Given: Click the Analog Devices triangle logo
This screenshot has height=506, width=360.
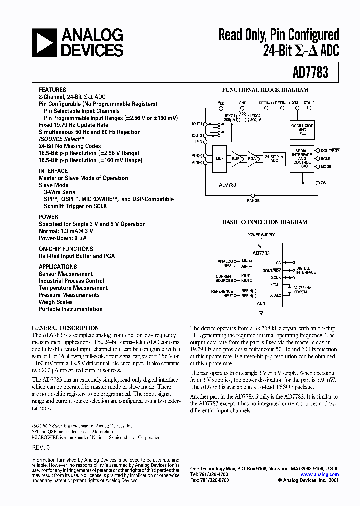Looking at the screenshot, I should click(x=45, y=42).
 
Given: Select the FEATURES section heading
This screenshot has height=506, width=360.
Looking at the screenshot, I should click(x=52, y=90).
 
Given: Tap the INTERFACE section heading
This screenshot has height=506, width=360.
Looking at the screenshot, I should click(x=53, y=171).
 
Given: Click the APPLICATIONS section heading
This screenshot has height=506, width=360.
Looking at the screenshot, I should click(x=58, y=267).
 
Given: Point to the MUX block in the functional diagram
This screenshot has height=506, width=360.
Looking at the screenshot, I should click(x=220, y=158).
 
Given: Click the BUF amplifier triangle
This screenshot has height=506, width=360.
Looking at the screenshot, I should click(x=235, y=158).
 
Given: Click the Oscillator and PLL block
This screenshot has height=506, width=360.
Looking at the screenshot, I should click(x=302, y=128).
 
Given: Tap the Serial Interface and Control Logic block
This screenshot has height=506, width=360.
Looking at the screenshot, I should click(x=302, y=158).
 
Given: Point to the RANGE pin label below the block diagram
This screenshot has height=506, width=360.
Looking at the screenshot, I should click(x=253, y=200).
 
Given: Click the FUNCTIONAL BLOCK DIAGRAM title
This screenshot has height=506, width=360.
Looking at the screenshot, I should click(x=265, y=90).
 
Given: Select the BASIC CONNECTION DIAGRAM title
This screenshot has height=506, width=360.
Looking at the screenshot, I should click(x=265, y=222).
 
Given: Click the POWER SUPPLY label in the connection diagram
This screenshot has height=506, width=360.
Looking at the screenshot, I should click(x=261, y=235).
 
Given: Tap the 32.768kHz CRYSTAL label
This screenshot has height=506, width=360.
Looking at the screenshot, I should click(x=301, y=290).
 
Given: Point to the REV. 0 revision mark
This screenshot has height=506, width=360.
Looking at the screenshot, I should click(x=41, y=449).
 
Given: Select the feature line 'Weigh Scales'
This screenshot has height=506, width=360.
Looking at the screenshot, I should click(x=56, y=302).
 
